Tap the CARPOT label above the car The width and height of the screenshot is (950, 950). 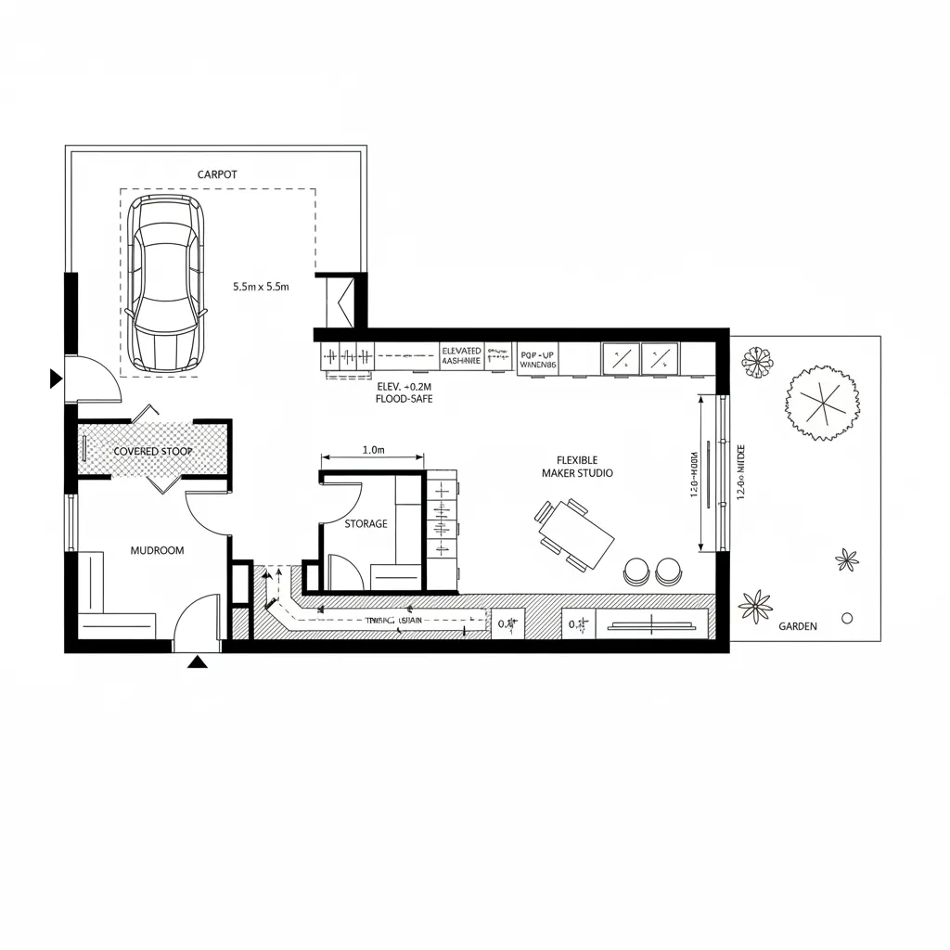[217, 174]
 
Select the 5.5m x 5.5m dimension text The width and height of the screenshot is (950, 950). [261, 288]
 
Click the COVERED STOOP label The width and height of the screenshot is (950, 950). [153, 451]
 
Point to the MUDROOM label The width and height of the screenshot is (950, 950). [157, 550]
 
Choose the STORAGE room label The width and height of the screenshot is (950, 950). [366, 524]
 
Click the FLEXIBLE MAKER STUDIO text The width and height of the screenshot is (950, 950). [577, 467]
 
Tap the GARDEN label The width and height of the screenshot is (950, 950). [798, 626]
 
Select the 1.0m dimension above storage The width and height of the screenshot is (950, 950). [373, 450]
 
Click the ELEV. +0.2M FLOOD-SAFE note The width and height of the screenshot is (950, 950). [404, 392]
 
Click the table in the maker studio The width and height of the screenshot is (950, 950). [576, 537]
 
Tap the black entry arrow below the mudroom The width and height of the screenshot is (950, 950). [197, 661]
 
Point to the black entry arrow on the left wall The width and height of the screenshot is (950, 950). [56, 379]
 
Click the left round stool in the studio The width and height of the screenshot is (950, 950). [637, 571]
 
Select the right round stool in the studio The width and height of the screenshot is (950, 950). [668, 571]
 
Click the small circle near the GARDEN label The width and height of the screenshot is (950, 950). [846, 617]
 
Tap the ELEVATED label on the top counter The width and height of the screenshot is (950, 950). [462, 351]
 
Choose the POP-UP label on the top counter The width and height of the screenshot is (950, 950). [538, 353]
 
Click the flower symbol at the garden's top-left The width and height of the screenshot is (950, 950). [758, 362]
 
